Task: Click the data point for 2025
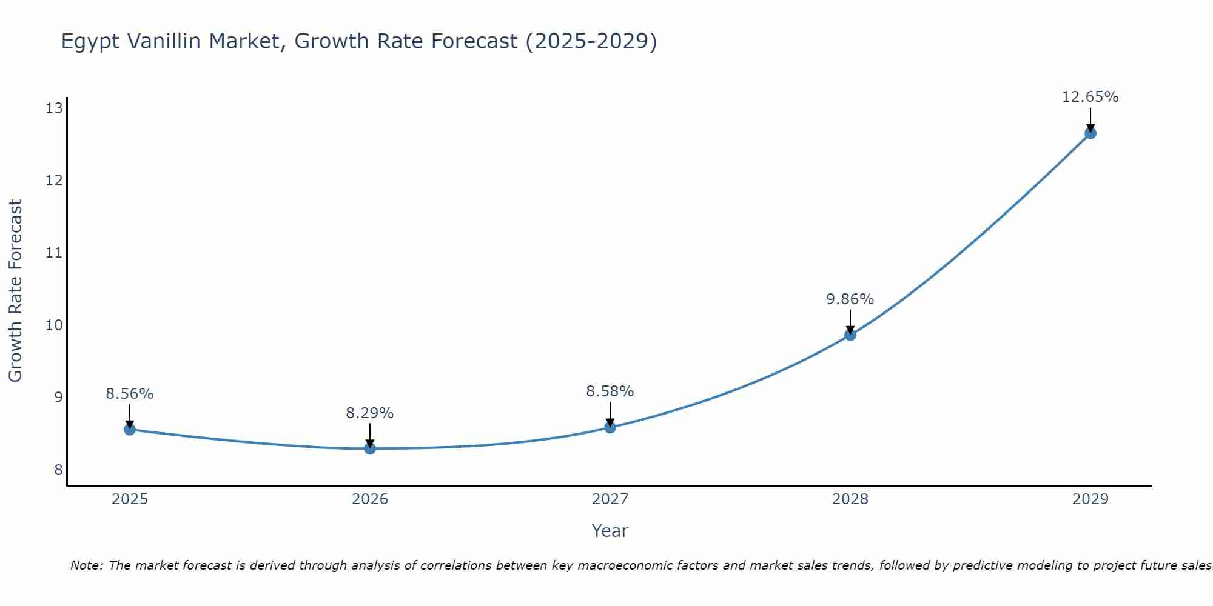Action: pyautogui.click(x=129, y=430)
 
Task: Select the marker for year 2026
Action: pyautogui.click(x=370, y=448)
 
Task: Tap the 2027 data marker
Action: pyautogui.click(x=610, y=428)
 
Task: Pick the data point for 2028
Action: pyautogui.click(x=850, y=335)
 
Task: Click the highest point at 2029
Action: pyautogui.click(x=1090, y=133)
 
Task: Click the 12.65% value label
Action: pyautogui.click(x=1090, y=97)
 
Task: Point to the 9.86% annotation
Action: pyautogui.click(x=850, y=299)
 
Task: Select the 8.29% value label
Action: pyautogui.click(x=369, y=413)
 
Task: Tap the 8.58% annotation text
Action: pyautogui.click(x=610, y=391)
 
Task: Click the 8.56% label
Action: pyautogui.click(x=129, y=394)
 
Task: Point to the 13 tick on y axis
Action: pyautogui.click(x=54, y=108)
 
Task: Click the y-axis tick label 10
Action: pyautogui.click(x=54, y=325)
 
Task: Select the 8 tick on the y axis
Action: pyautogui.click(x=58, y=470)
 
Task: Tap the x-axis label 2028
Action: pyautogui.click(x=850, y=499)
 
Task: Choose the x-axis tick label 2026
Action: pyautogui.click(x=370, y=499)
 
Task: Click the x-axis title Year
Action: pyautogui.click(x=610, y=531)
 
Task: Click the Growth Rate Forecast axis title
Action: pyautogui.click(x=16, y=290)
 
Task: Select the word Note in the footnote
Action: pyautogui.click(x=86, y=565)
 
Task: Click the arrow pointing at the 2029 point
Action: pyautogui.click(x=1090, y=119)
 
